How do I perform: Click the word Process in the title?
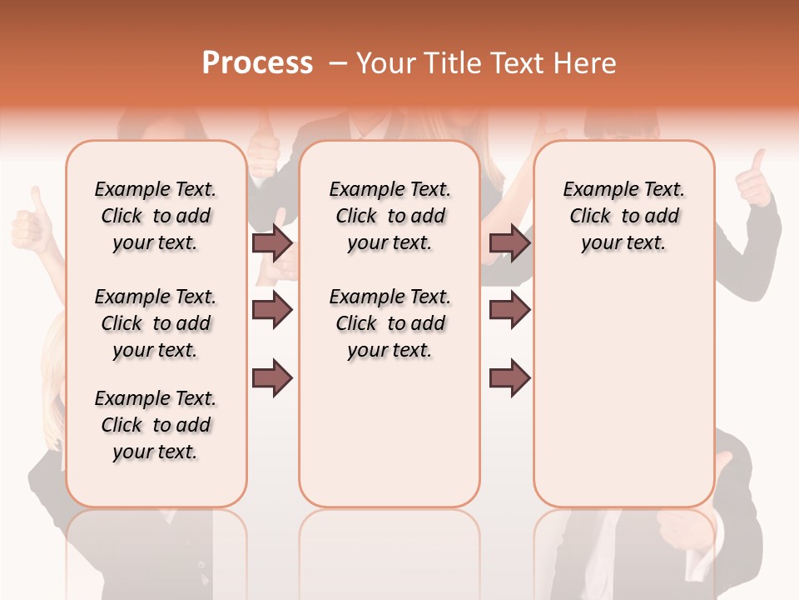257,63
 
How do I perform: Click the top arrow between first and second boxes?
272,242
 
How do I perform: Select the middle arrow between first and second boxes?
272,310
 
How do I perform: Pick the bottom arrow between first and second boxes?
272,378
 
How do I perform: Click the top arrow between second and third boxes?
509,242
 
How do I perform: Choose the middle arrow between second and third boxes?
509,310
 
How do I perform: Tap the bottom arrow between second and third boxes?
509,378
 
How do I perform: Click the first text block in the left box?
156,216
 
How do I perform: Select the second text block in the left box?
156,323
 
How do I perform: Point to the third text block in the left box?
156,425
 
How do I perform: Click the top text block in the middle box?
390,216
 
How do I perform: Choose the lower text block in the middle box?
390,323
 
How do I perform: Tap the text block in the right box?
624,216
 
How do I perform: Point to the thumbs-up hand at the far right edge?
755,179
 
